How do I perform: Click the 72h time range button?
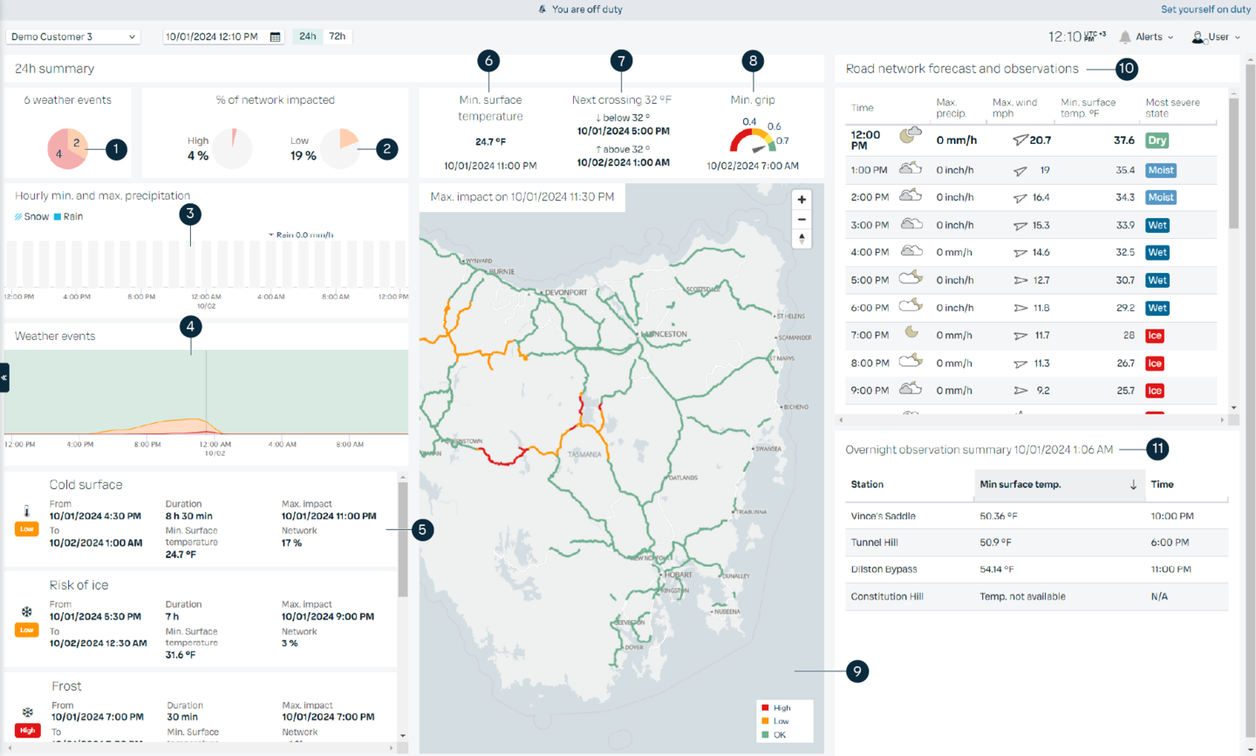click(338, 37)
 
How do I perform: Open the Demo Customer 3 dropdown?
click(73, 37)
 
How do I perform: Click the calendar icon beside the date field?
click(276, 37)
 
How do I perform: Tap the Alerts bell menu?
click(1146, 37)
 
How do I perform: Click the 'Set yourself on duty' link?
click(1205, 10)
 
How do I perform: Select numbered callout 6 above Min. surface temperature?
click(488, 61)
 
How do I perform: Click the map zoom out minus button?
click(802, 219)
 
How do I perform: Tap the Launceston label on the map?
click(666, 334)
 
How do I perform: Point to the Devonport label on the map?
click(565, 292)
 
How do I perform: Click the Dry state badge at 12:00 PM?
click(1157, 140)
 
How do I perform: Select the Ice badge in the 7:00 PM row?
click(1155, 336)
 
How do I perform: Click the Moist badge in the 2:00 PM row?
click(1160, 198)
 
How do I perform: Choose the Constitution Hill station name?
click(886, 596)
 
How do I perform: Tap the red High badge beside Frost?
click(27, 730)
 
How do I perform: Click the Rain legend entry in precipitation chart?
click(69, 216)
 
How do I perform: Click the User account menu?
click(1216, 37)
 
